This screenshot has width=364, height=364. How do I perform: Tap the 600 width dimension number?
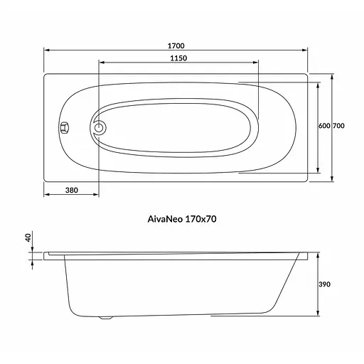pyautogui.click(x=323, y=126)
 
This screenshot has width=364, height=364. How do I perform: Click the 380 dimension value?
pyautogui.click(x=72, y=190)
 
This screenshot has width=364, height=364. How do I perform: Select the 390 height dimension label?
pyautogui.click(x=324, y=284)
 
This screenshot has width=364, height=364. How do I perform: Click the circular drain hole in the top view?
pyautogui.click(x=100, y=129)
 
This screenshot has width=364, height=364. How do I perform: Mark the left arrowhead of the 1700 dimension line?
pyautogui.click(x=47, y=50)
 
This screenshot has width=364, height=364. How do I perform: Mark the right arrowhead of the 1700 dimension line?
pyautogui.click(x=306, y=50)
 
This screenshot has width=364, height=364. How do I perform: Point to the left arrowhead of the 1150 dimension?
pyautogui.click(x=100, y=64)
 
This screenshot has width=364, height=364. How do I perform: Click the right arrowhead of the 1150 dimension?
pyautogui.click(x=257, y=64)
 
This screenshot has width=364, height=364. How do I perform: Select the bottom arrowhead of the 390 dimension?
pyautogui.click(x=317, y=314)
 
